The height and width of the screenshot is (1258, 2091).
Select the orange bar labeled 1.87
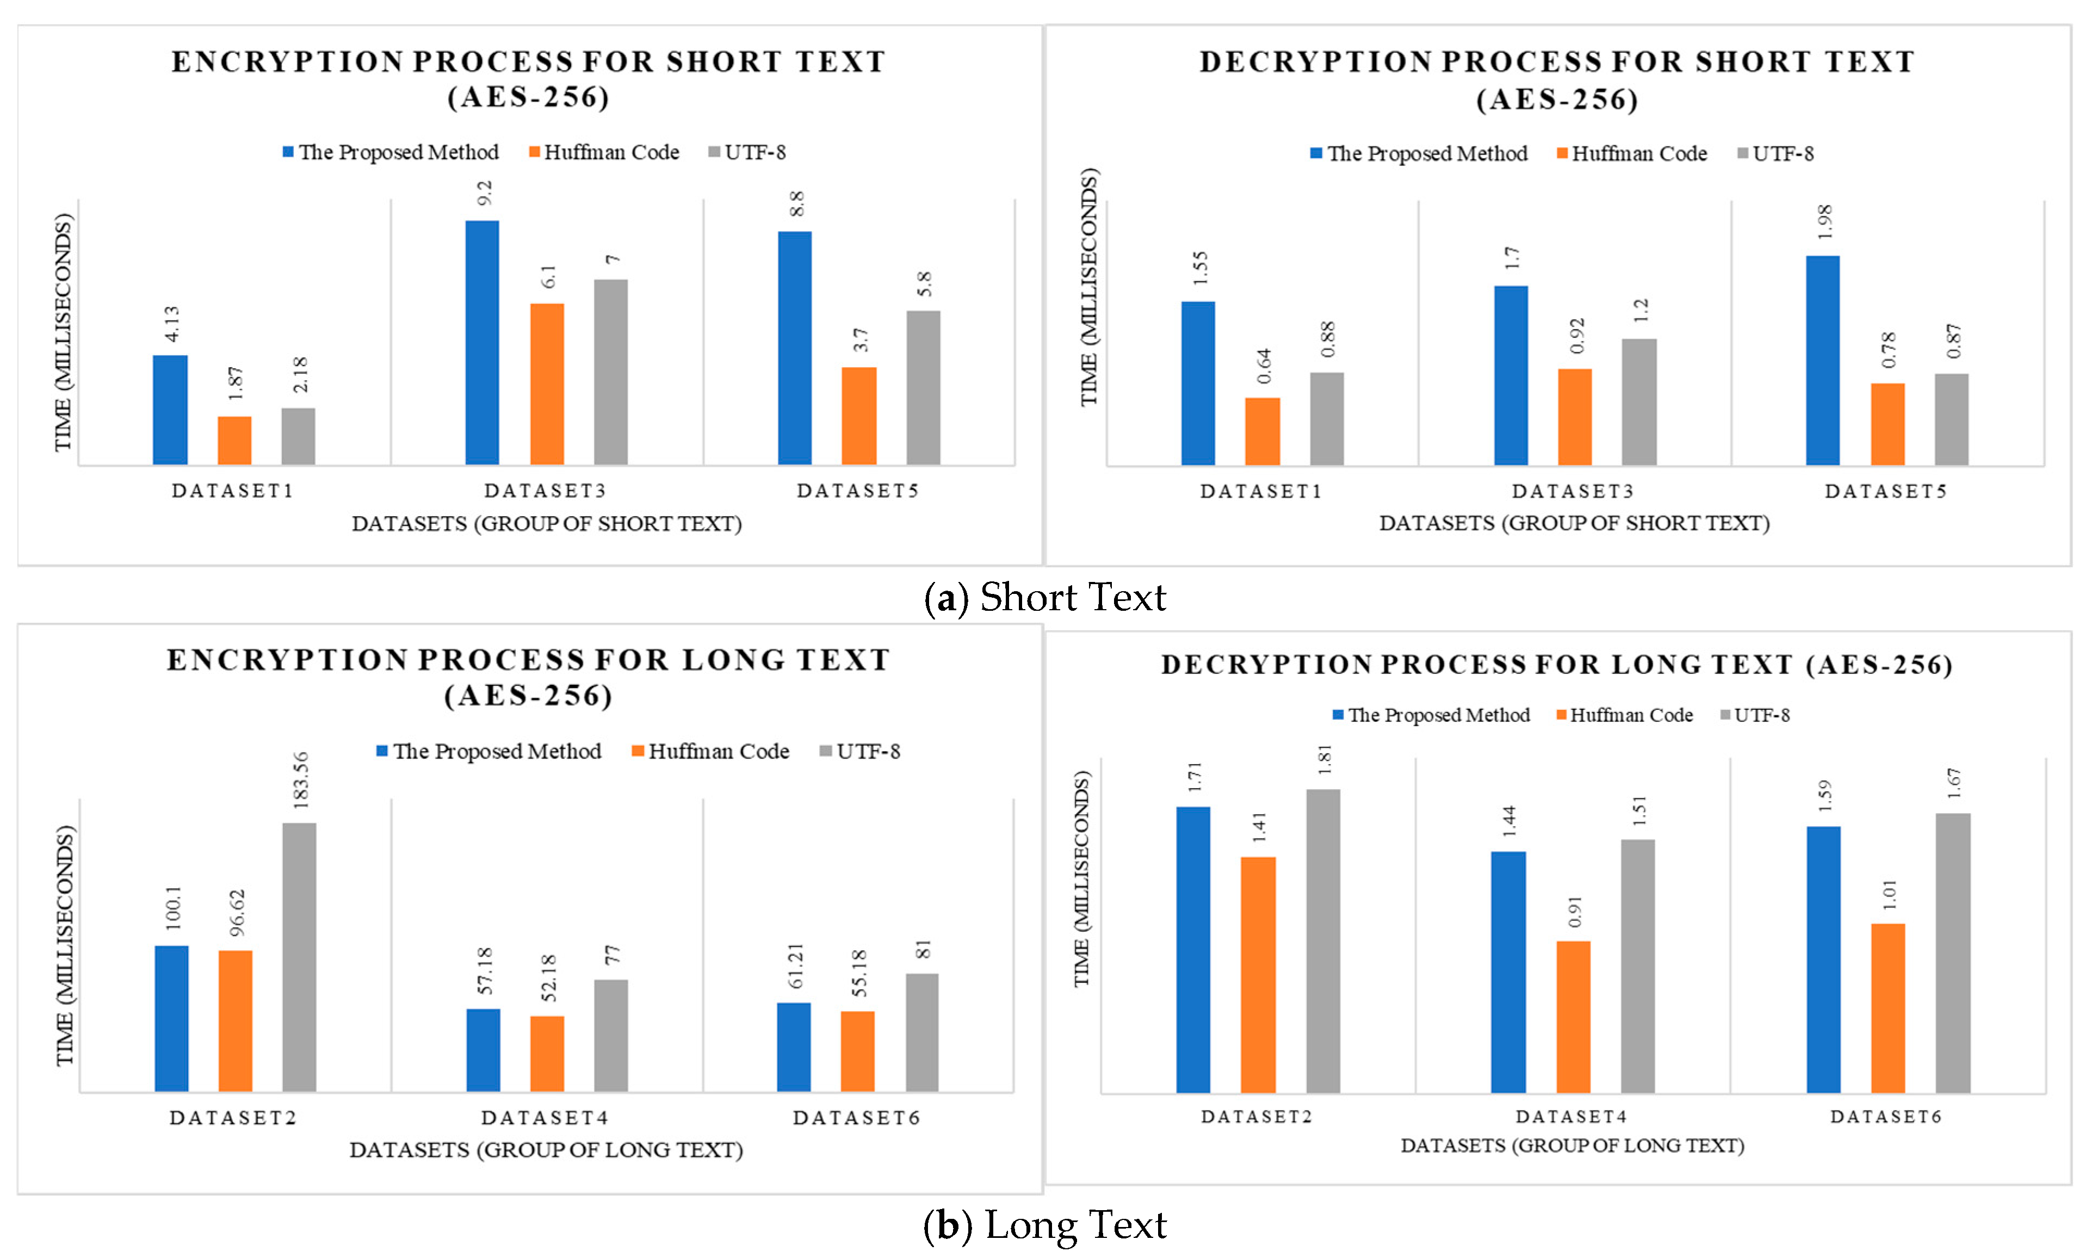[235, 440]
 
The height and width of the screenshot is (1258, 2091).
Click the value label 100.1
[174, 908]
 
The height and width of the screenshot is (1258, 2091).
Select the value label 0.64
[1264, 365]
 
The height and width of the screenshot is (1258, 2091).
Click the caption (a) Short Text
[1045, 598]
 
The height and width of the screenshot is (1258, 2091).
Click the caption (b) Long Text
[1045, 1225]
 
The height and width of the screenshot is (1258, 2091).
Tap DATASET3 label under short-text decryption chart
[1573, 492]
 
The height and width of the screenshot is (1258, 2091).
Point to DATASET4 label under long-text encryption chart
[545, 1118]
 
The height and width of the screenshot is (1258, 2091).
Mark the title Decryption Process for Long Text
[1557, 665]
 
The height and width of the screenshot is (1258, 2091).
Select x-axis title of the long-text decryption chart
[1572, 1146]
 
